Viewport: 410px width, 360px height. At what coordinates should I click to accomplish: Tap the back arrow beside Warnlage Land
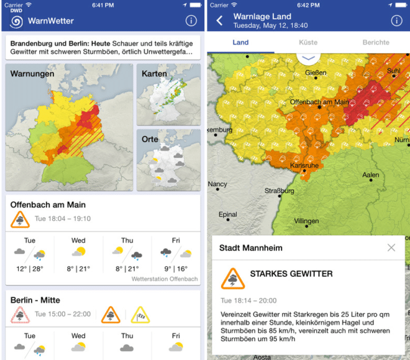(x=219, y=21)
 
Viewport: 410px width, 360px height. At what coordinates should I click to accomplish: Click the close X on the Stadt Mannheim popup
(x=391, y=248)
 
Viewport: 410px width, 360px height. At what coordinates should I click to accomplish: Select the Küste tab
(x=307, y=43)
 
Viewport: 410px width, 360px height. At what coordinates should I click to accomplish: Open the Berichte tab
(x=376, y=43)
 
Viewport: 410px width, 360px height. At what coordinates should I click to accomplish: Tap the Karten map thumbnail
(x=168, y=93)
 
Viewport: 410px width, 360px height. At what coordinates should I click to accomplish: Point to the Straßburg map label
(x=279, y=191)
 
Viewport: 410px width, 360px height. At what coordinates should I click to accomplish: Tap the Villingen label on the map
(x=306, y=221)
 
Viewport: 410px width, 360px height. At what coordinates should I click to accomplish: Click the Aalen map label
(x=370, y=176)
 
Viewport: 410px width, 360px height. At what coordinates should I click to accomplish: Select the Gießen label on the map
(x=316, y=73)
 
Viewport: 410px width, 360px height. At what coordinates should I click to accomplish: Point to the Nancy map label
(x=217, y=184)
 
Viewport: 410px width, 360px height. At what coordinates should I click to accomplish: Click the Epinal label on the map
(x=228, y=215)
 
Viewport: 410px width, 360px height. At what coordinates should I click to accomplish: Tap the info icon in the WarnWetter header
(x=191, y=21)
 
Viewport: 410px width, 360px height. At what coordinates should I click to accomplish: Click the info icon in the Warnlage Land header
(x=396, y=21)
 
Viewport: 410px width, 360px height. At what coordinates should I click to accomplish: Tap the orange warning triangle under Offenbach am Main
(x=20, y=220)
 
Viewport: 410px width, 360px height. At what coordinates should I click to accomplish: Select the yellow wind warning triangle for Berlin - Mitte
(x=140, y=315)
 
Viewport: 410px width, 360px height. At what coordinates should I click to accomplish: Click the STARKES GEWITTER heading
(x=291, y=274)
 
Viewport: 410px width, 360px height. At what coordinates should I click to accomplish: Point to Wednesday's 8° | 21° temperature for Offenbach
(x=78, y=269)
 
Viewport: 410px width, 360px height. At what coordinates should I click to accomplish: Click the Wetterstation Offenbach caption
(x=165, y=279)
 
